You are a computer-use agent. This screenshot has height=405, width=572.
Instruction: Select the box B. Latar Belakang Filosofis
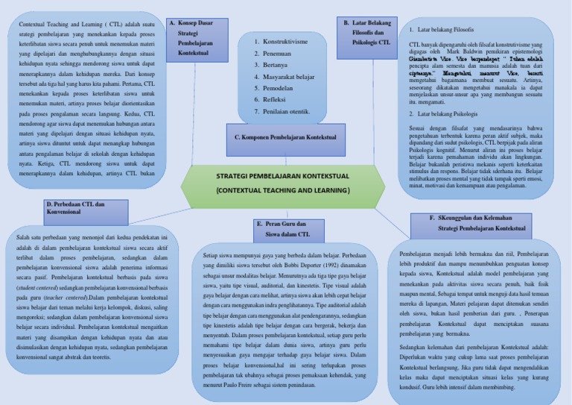pyautogui.click(x=367, y=34)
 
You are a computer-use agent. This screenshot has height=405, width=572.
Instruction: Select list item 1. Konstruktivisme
pyautogui.click(x=281, y=43)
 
